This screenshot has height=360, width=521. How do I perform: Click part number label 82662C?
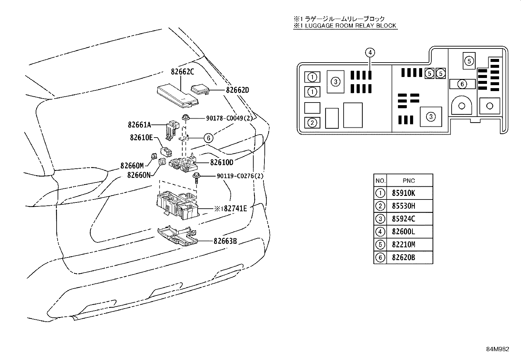tap(182, 71)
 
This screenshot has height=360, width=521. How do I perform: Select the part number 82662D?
tap(238, 90)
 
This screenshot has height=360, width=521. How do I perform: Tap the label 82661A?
tap(139, 125)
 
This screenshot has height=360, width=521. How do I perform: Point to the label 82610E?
tap(141, 138)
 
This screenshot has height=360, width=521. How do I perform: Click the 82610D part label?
tap(222, 162)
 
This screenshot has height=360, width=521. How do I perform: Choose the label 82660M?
tap(132, 166)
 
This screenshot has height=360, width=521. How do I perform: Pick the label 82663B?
tap(225, 241)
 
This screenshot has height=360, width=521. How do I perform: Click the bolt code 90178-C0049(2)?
tap(229, 118)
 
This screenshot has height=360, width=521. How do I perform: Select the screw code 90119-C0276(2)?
tap(240, 176)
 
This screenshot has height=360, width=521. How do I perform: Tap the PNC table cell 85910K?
tap(404, 193)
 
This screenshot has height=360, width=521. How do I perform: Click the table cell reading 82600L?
tap(404, 232)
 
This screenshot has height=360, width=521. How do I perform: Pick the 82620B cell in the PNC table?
tap(404, 257)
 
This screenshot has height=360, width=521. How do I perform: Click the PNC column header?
tap(409, 181)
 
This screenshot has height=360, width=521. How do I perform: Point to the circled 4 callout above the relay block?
tap(370, 53)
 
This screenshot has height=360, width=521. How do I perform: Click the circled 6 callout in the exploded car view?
tap(208, 138)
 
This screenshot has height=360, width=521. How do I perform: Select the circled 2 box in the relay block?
tap(312, 123)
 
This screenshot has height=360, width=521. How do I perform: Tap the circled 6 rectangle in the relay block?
tap(462, 84)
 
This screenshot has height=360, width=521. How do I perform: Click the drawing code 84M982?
tap(497, 349)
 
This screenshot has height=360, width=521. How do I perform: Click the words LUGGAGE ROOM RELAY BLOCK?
tap(350, 26)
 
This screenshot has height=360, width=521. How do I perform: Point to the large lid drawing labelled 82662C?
tap(178, 96)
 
